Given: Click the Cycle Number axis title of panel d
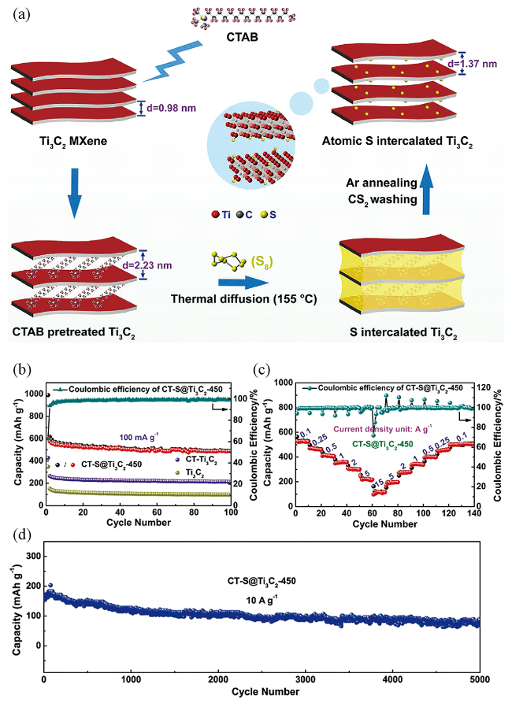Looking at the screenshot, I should tap(265, 691).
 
